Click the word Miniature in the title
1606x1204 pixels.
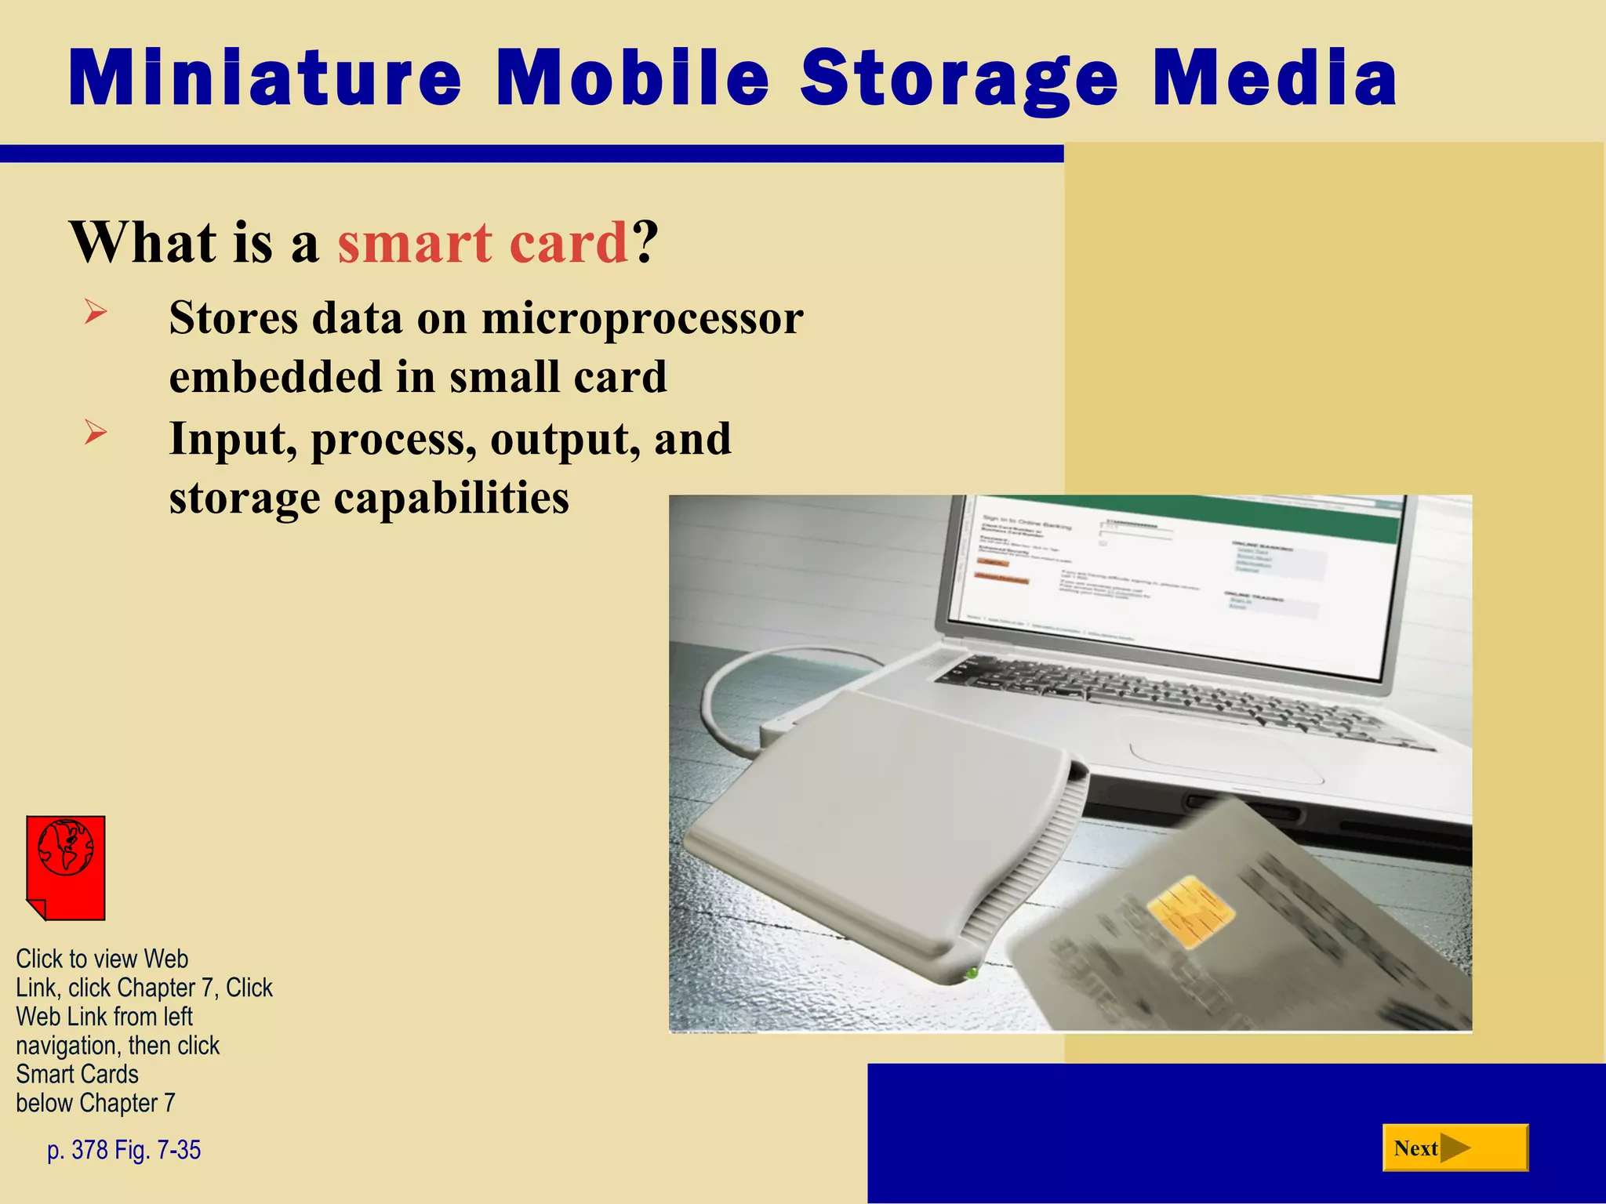(x=265, y=78)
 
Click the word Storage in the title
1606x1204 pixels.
(x=958, y=78)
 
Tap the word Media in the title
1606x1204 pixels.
(x=1275, y=78)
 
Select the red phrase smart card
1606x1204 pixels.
(x=482, y=242)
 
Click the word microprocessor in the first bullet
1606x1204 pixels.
(x=642, y=318)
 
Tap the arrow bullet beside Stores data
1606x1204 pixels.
(x=96, y=313)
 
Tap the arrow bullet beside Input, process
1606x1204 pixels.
(x=96, y=432)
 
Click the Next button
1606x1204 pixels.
(x=1455, y=1148)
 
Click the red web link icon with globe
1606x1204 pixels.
(x=66, y=867)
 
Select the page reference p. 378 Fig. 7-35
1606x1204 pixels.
(x=124, y=1150)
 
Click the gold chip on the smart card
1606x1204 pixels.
(x=1190, y=912)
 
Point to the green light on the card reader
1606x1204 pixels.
(x=971, y=973)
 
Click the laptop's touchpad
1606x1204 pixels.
(x=1231, y=756)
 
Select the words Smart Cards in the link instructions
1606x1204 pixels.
(x=77, y=1074)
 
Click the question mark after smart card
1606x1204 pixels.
(x=645, y=242)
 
